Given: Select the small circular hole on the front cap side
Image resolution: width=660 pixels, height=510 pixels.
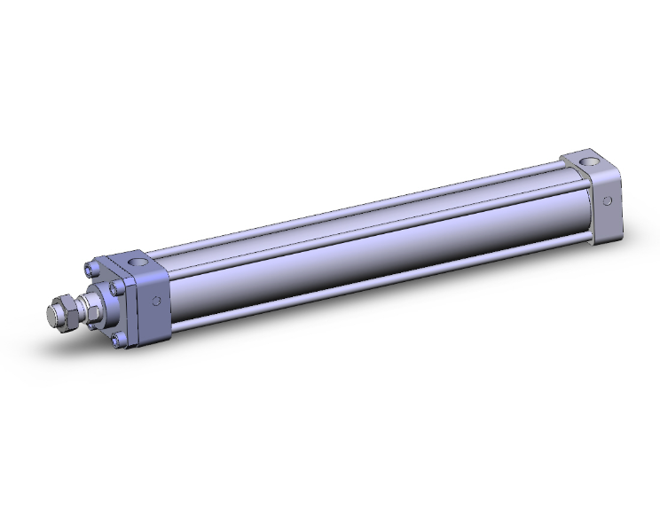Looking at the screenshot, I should point(156,302).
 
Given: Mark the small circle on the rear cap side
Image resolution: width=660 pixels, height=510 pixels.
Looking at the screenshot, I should point(608,200).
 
